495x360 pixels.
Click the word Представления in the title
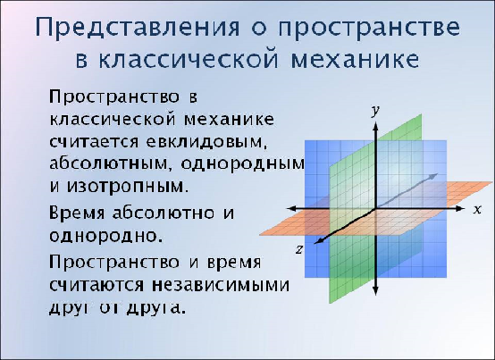[x=138, y=28]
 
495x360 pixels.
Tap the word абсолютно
[x=164, y=213]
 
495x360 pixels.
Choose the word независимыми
[x=221, y=286]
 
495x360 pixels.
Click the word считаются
[x=96, y=286]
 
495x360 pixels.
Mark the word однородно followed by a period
[x=105, y=236]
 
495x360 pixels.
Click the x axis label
[x=477, y=209]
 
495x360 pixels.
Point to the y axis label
[x=375, y=111]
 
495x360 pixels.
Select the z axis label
[x=299, y=250]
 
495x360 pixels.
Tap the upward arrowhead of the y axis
[x=375, y=126]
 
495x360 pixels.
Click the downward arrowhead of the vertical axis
[x=375, y=291]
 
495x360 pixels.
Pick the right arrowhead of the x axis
[x=461, y=208]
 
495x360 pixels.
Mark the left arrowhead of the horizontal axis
[x=291, y=208]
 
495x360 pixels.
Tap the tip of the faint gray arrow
[x=438, y=173]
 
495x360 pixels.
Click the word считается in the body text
[x=94, y=142]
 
